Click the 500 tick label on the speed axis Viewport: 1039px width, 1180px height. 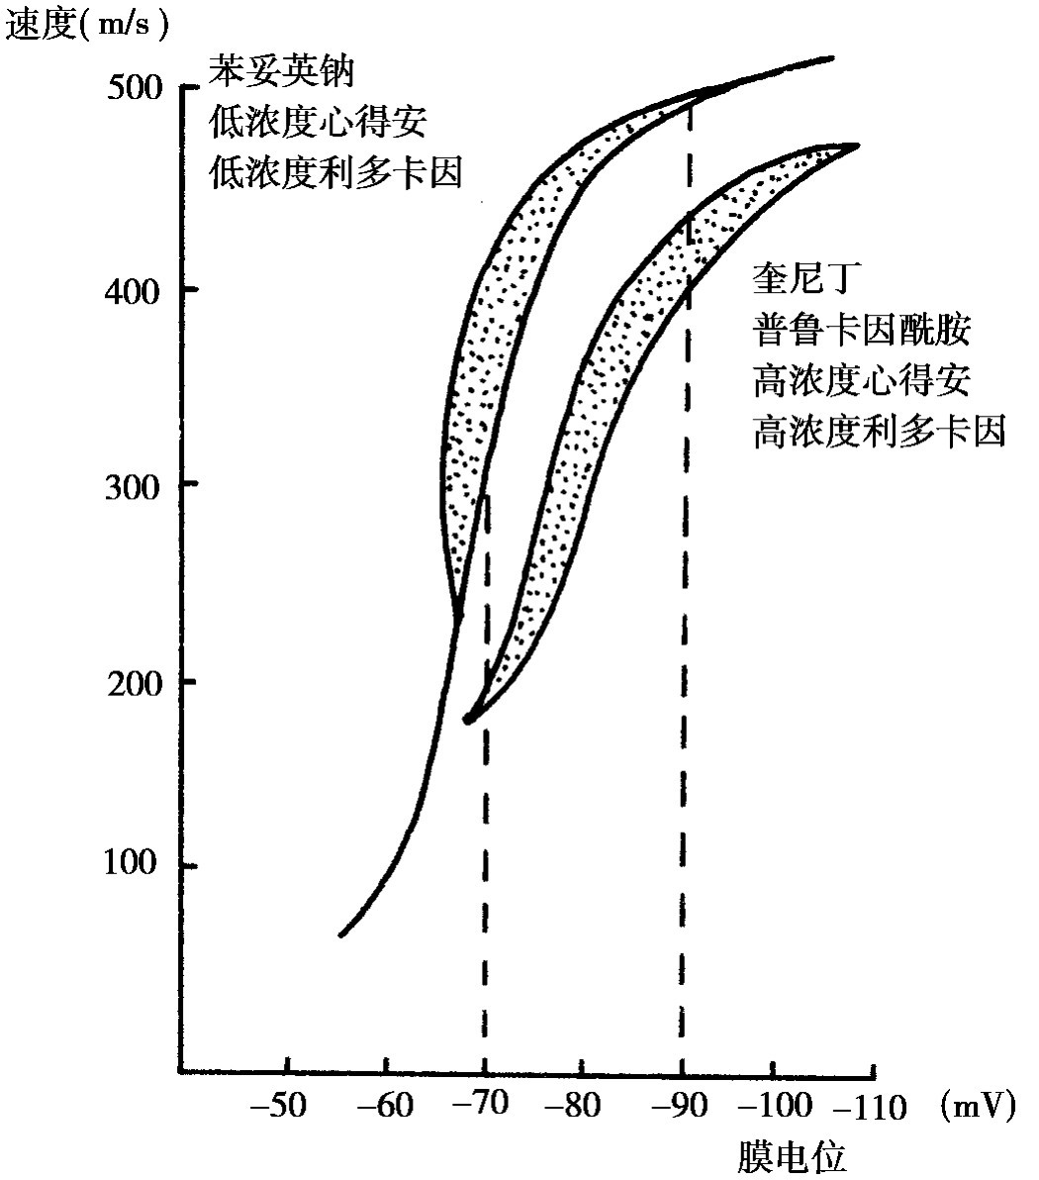pyautogui.click(x=131, y=88)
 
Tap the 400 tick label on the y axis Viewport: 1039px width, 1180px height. pyautogui.click(x=131, y=291)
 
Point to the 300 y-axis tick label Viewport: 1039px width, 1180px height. pyautogui.click(x=131, y=485)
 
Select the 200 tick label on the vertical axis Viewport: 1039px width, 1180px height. pyautogui.click(x=133, y=683)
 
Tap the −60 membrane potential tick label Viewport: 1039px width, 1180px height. pyautogui.click(x=384, y=1105)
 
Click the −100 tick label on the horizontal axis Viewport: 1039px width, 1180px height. pyautogui.click(x=781, y=1105)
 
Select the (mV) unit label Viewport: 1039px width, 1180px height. pyautogui.click(x=977, y=1105)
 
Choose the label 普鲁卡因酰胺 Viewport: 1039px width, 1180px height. pyautogui.click(x=861, y=332)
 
